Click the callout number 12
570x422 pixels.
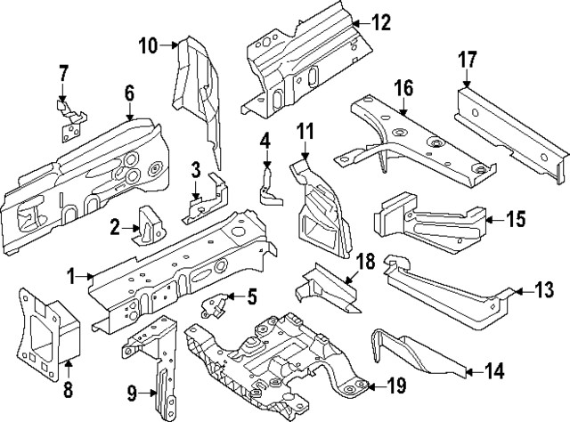pyautogui.click(x=380, y=24)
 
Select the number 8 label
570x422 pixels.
pyautogui.click(x=68, y=388)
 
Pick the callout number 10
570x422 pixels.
pyautogui.click(x=148, y=45)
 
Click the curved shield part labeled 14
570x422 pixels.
pyautogui.click(x=414, y=353)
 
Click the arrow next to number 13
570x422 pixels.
pyautogui.click(x=517, y=290)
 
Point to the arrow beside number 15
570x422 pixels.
pyautogui.click(x=493, y=218)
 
